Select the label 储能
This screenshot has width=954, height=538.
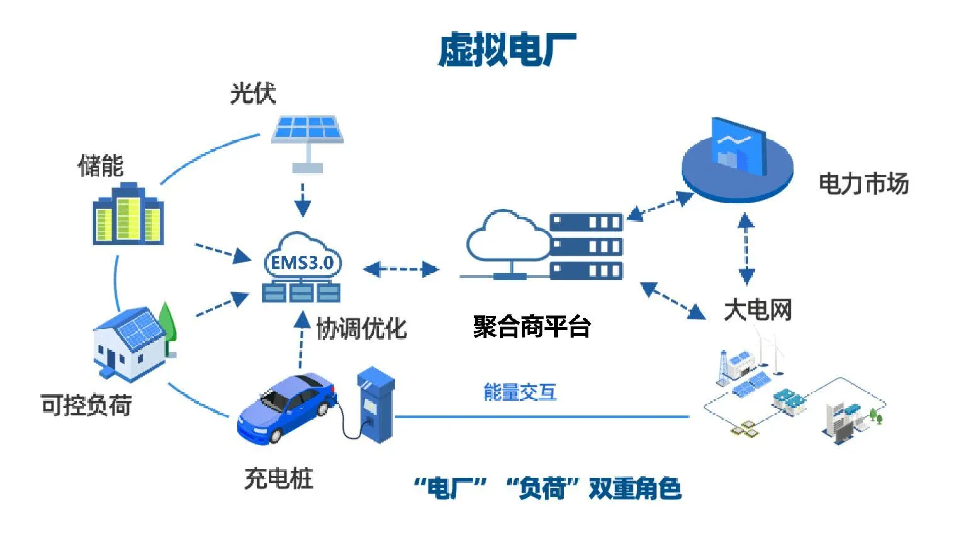100,166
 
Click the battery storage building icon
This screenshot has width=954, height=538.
128,214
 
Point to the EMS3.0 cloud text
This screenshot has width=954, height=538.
302,263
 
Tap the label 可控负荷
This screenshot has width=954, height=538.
86,405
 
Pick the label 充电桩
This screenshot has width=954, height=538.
278,479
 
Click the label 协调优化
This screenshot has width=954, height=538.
361,328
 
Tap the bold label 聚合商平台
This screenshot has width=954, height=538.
532,326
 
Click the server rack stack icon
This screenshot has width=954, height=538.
586,246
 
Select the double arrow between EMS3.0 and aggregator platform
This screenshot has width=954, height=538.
401,269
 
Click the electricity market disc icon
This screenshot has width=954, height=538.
736,164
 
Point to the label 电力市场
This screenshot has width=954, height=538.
863,184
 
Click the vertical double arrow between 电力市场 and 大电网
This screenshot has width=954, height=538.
746,249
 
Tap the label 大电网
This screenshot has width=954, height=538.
758,310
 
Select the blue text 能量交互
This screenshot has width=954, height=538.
520,392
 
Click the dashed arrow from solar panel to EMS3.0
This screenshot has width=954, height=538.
303,200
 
